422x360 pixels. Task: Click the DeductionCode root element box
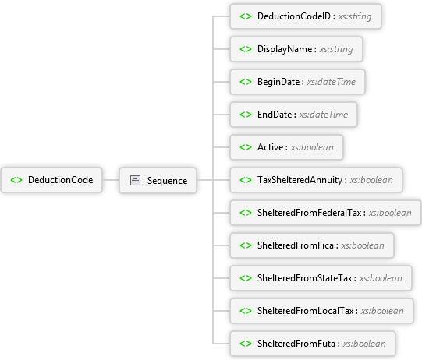(x=51, y=180)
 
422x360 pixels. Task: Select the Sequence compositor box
(x=158, y=180)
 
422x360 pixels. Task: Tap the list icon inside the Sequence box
(x=135, y=180)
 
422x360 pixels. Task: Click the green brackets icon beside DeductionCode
(x=16, y=180)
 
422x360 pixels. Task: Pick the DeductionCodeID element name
(x=294, y=16)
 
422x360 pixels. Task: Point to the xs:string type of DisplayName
(x=336, y=49)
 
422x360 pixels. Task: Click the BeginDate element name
(x=278, y=82)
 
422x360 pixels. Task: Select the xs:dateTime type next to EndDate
(x=324, y=115)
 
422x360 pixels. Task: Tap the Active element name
(x=270, y=147)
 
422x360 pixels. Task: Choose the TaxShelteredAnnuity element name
(x=300, y=180)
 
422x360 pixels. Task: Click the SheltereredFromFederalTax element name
(x=309, y=213)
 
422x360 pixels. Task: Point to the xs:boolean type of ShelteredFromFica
(x=363, y=245)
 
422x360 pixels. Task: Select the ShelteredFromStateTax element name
(x=305, y=278)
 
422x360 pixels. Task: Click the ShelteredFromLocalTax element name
(x=306, y=311)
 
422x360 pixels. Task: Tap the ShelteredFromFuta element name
(x=296, y=344)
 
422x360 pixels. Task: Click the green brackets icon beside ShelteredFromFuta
(x=246, y=344)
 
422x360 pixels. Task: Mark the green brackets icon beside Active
(x=246, y=147)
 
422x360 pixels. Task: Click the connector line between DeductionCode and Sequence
(x=111, y=180)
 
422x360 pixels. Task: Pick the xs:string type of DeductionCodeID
(x=355, y=16)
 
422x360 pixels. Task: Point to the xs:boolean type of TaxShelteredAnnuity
(x=371, y=180)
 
